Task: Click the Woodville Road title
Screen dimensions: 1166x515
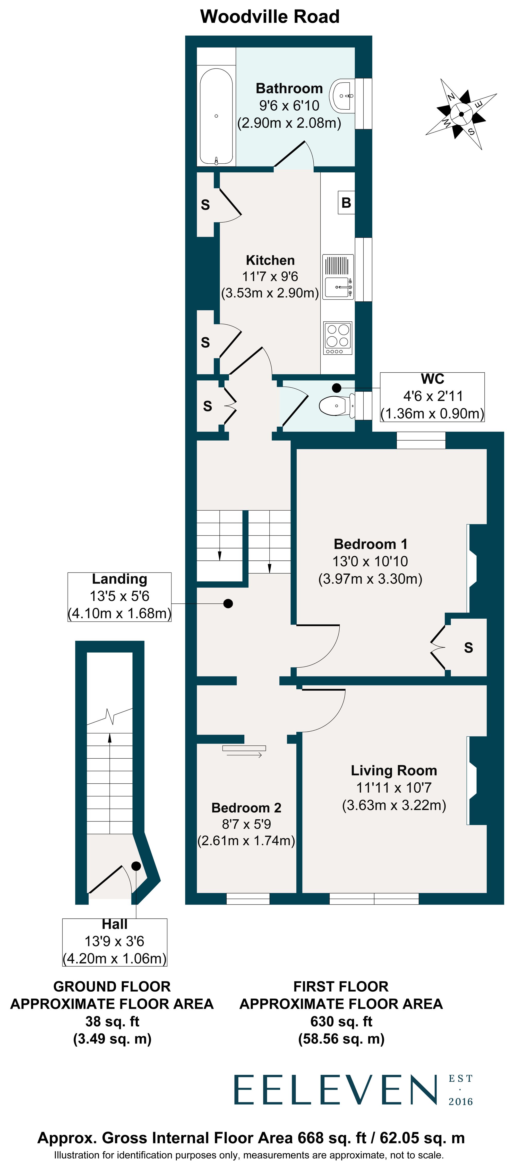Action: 270,17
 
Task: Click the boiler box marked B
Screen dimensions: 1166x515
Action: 346,203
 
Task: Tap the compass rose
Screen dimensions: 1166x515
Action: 461,114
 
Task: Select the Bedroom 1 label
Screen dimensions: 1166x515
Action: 370,544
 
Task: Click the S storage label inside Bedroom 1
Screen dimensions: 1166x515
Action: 468,648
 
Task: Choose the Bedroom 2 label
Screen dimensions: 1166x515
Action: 246,808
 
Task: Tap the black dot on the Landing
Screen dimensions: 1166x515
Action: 228,603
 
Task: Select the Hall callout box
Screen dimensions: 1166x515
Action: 115,942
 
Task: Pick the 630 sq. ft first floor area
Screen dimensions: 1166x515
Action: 341,1021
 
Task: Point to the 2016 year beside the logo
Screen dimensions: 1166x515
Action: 461,1102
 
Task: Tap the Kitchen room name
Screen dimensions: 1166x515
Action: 270,260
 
